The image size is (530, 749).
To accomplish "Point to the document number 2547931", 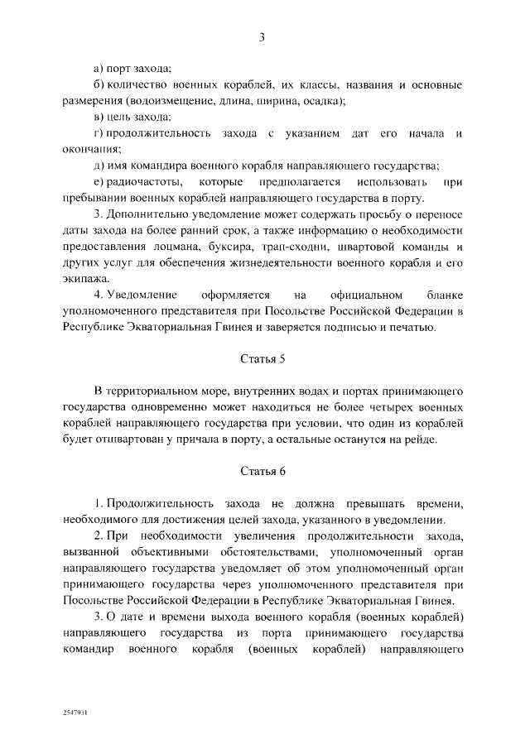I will tap(75, 711).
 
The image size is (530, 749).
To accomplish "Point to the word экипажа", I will tap(84, 279).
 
